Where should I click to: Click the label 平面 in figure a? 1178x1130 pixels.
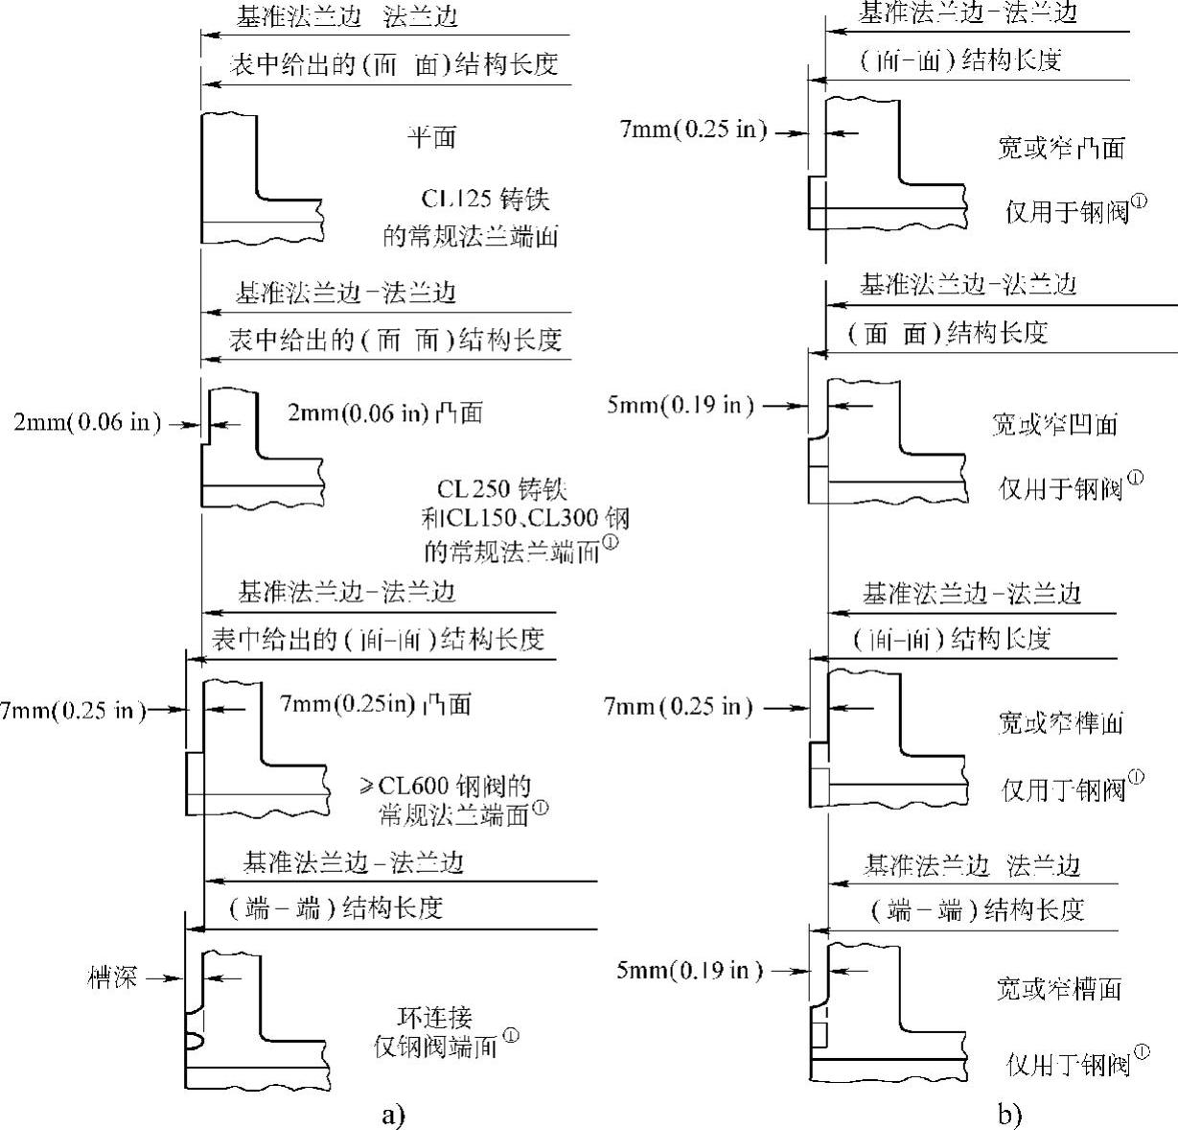tap(431, 137)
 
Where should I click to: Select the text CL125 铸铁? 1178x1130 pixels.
tap(486, 200)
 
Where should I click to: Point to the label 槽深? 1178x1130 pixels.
tap(110, 977)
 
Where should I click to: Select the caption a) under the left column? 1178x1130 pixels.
tap(393, 1115)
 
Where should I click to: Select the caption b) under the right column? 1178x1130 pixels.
tap(1009, 1115)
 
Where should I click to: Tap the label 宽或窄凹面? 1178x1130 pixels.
tap(1054, 424)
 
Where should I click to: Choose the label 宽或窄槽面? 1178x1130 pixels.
tap(1058, 988)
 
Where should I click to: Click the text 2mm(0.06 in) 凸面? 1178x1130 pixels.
tap(384, 412)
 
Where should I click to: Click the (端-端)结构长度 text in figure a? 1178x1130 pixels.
tap(335, 908)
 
